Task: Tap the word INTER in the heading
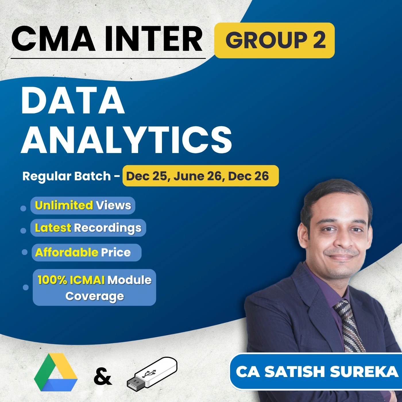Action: [x=154, y=39]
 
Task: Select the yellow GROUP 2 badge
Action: [x=275, y=40]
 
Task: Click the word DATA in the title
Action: [x=73, y=100]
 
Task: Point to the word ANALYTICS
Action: [x=126, y=140]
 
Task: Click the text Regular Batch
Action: [x=67, y=176]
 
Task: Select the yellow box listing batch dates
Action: [x=200, y=176]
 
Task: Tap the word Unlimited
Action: [x=64, y=205]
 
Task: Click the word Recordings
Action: [x=108, y=228]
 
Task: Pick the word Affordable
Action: [x=67, y=252]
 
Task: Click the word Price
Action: [x=116, y=252]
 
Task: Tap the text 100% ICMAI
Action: [x=71, y=280]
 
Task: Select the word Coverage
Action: [x=94, y=296]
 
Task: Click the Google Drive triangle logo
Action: [x=56, y=372]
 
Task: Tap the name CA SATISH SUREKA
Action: [x=317, y=372]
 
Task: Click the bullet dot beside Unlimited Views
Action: [x=23, y=208]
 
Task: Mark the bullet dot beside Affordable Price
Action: [x=25, y=252]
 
